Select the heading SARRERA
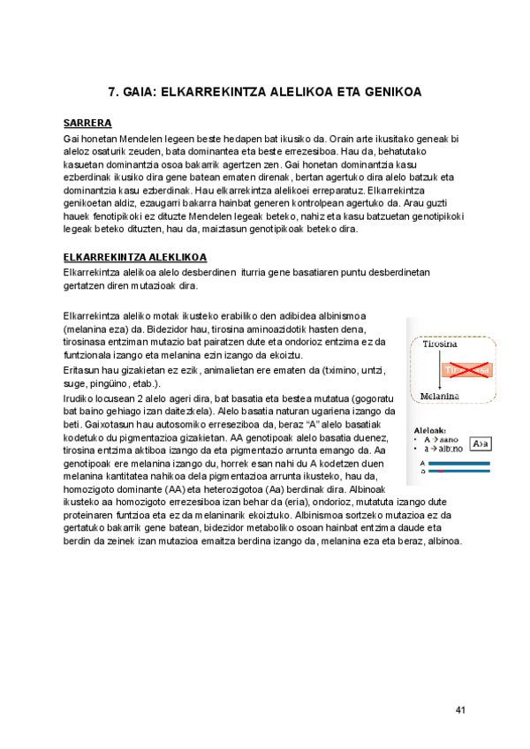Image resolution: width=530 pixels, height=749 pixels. pos(87,124)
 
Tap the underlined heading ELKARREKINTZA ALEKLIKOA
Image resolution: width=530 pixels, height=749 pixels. pos(135,257)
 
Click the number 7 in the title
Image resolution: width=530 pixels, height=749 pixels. pos(111,92)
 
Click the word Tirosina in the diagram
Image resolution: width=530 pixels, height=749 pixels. pos(439,343)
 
